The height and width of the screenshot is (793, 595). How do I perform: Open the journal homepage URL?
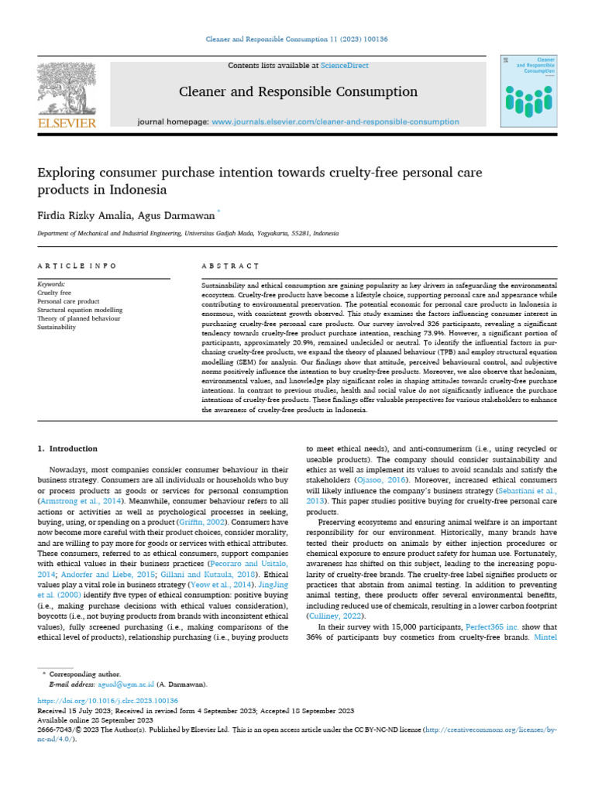click(335, 122)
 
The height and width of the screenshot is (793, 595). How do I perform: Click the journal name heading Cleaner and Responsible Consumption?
click(298, 92)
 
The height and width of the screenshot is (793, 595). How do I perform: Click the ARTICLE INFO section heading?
click(77, 266)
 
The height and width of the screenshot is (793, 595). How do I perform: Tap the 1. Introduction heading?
click(68, 448)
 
